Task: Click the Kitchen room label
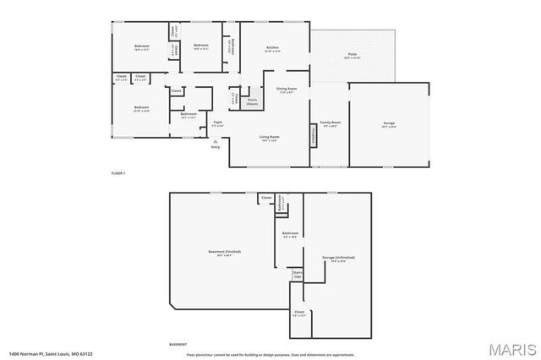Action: pyautogui.click(x=272, y=48)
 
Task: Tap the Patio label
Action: pyautogui.click(x=352, y=56)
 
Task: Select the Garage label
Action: pyautogui.click(x=390, y=123)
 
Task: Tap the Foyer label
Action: pyautogui.click(x=218, y=124)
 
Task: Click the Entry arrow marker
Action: pyautogui.click(x=216, y=142)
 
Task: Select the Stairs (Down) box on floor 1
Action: pyautogui.click(x=252, y=101)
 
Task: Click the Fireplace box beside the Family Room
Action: pyautogui.click(x=314, y=135)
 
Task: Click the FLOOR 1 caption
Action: pyautogui.click(x=118, y=172)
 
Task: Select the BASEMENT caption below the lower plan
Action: pyautogui.click(x=178, y=345)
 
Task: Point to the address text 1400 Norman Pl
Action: pyautogui.click(x=51, y=353)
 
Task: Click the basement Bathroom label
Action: pyautogui.click(x=290, y=234)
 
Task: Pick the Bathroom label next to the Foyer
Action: pyautogui.click(x=189, y=115)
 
